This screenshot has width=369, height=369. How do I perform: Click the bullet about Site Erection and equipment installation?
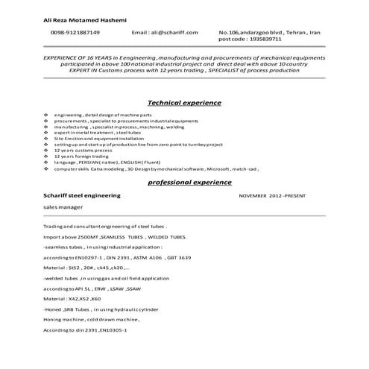point(96,138)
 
